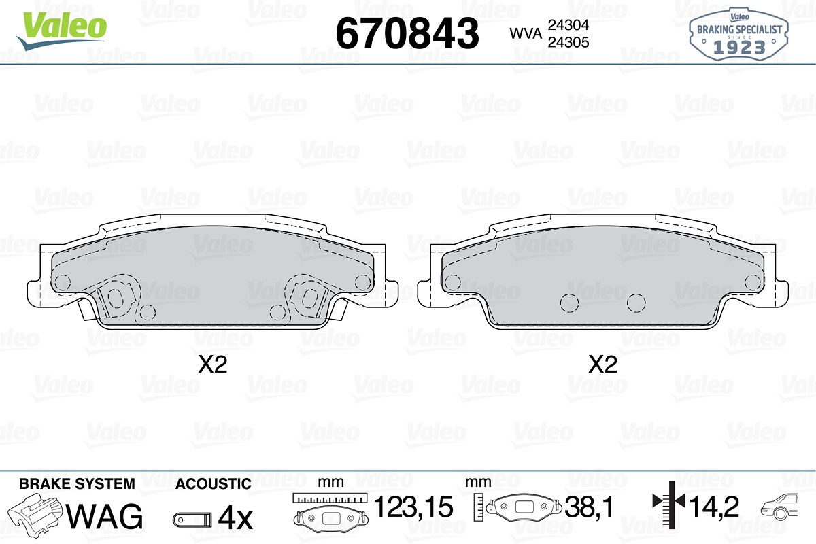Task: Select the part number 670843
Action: click(x=408, y=33)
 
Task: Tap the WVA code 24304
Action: click(x=566, y=25)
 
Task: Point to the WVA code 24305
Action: click(x=566, y=42)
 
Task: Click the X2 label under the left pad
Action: click(x=212, y=365)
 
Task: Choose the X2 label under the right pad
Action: click(x=602, y=365)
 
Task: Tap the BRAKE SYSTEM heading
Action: click(x=77, y=483)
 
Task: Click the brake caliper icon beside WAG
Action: click(x=37, y=515)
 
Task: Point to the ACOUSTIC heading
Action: click(x=213, y=484)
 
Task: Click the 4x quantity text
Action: click(x=235, y=519)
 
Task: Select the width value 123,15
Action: click(x=413, y=507)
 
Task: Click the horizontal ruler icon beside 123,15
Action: click(x=330, y=498)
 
